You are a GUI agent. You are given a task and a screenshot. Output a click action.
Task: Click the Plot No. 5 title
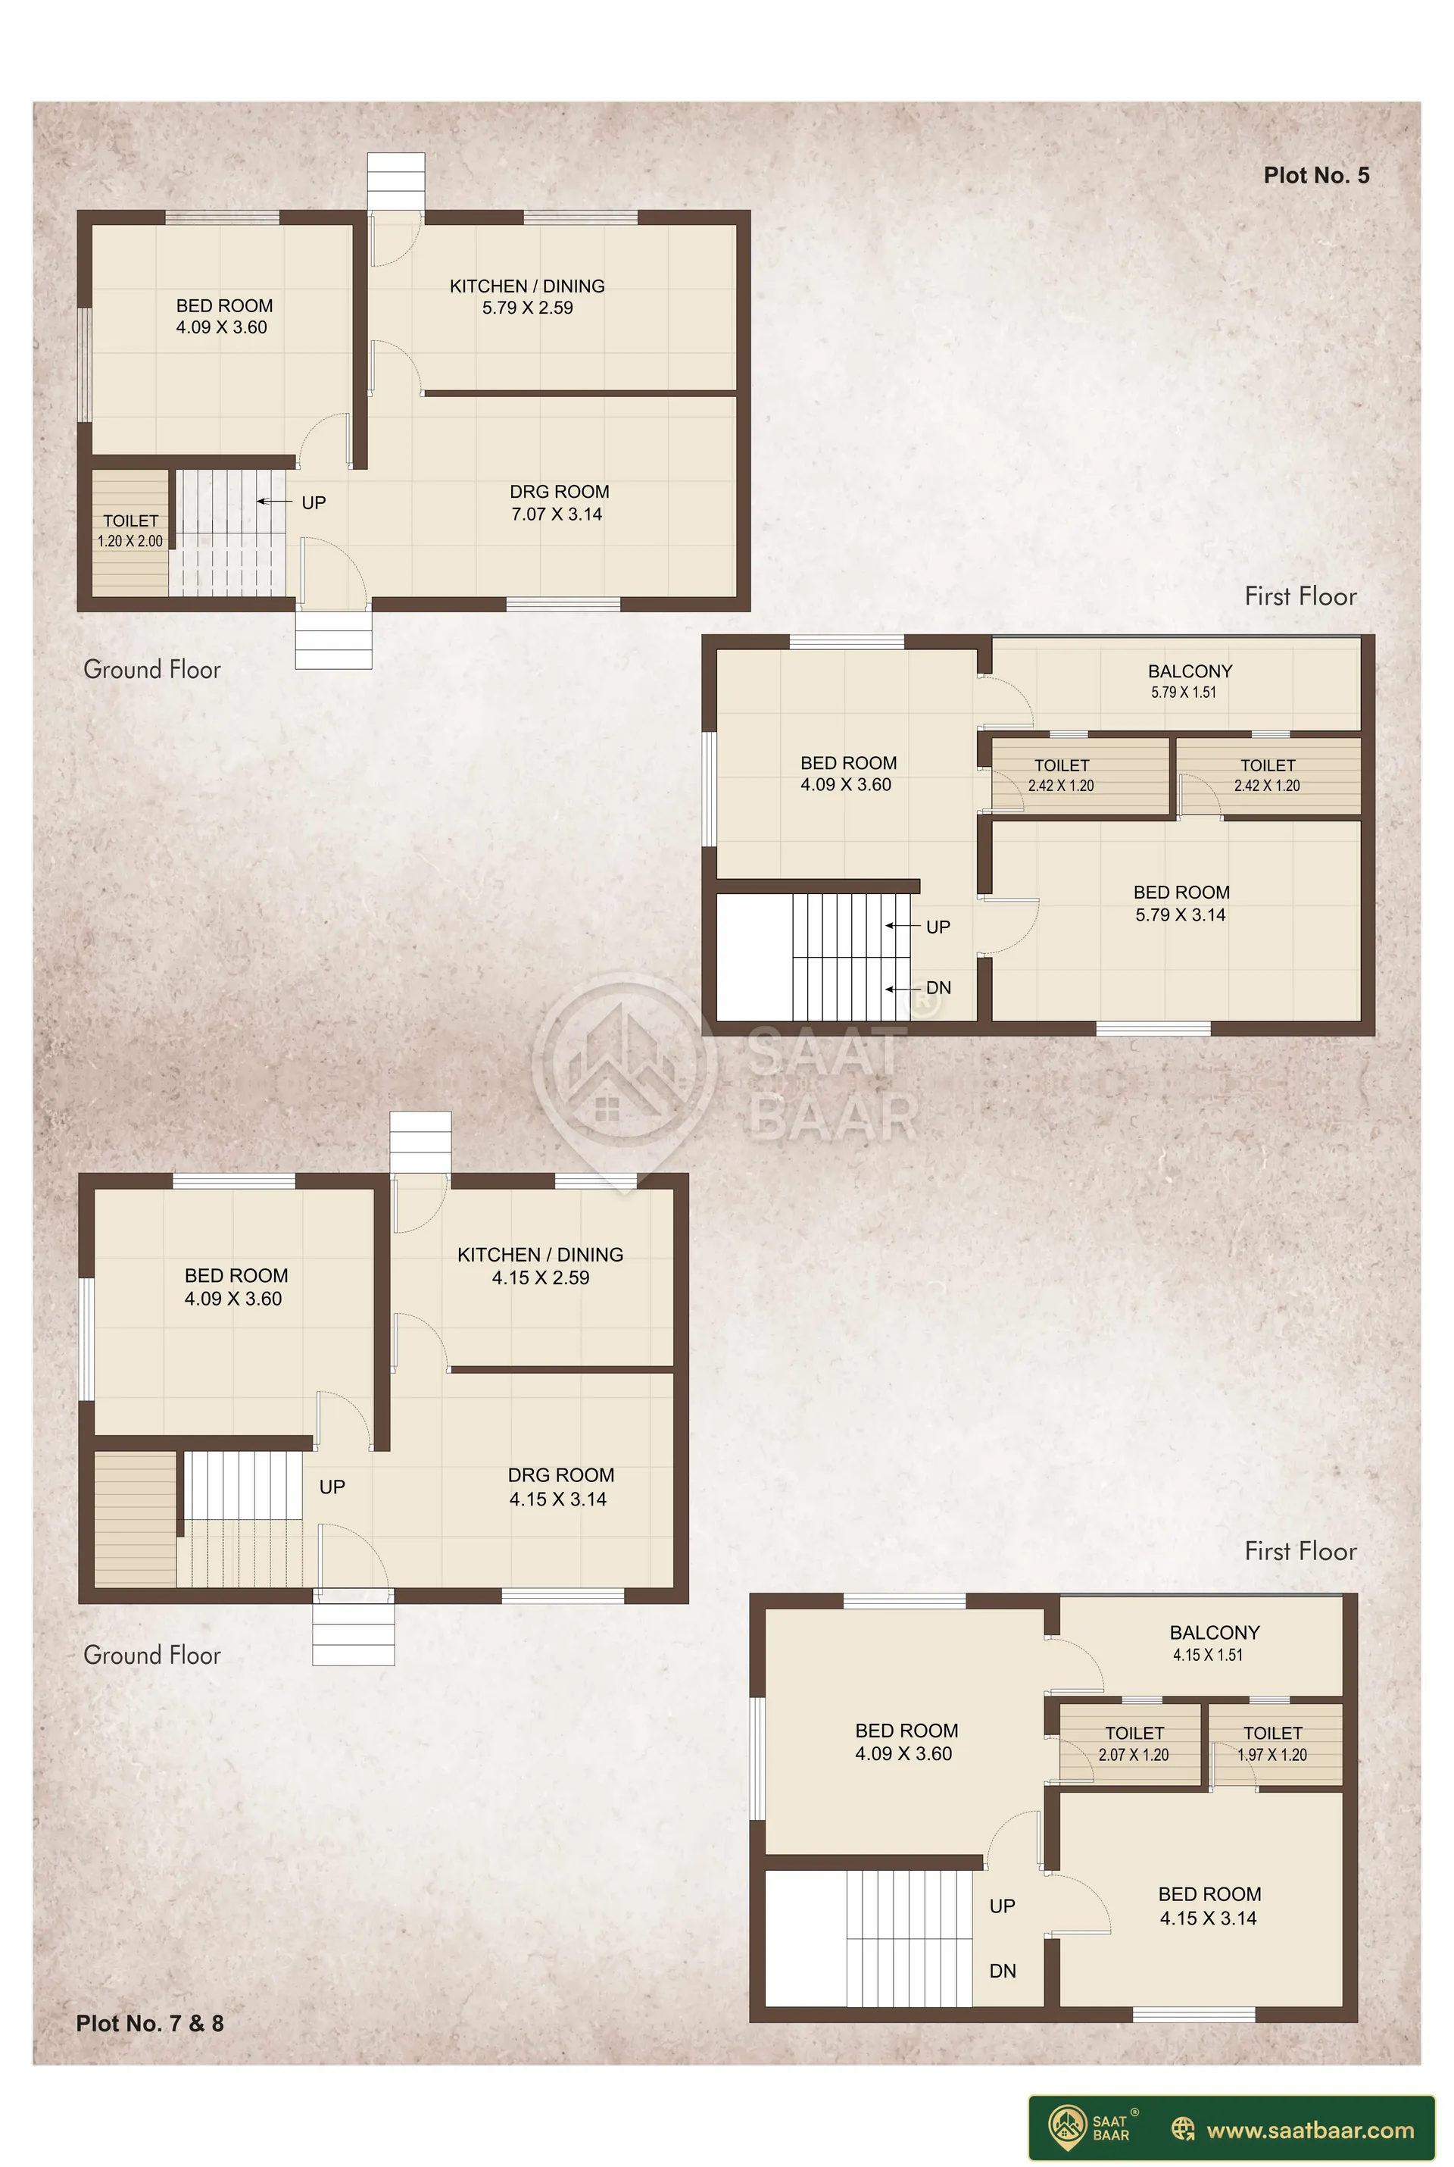pos(1316,175)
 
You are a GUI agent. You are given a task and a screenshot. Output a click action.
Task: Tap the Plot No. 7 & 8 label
pos(150,2023)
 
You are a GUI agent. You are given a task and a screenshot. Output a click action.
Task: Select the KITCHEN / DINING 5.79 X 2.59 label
pos(528,297)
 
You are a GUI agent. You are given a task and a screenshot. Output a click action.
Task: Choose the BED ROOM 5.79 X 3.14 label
pos(1181,903)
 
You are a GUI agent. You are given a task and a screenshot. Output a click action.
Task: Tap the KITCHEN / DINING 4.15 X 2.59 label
pos(541,1265)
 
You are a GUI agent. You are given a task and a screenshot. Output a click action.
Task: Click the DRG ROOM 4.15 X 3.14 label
pos(560,1487)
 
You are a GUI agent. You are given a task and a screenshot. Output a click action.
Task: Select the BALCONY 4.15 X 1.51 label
pos(1214,1643)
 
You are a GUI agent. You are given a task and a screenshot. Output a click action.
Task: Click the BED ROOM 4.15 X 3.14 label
pos(1209,1906)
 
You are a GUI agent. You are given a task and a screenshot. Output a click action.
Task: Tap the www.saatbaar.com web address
pos(1310,2130)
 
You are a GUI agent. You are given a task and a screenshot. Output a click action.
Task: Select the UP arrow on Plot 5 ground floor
pos(274,502)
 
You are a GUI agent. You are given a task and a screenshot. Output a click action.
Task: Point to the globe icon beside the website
pos(1183,2129)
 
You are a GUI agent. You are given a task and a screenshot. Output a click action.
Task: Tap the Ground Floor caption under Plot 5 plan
pos(152,670)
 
